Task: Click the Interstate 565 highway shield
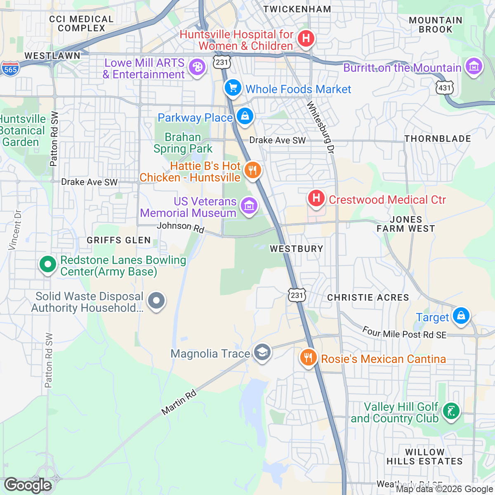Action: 10,69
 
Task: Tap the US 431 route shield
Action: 445,87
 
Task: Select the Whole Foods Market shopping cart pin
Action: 233,88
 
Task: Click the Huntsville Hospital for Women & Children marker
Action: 306,39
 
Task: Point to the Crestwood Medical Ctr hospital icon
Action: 316,198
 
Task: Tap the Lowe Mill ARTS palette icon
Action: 197,67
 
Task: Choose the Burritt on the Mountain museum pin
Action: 474,66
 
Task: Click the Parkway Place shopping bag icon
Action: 245,116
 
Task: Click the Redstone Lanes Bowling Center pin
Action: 48,264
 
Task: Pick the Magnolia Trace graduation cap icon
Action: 262,353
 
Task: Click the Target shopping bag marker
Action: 461,316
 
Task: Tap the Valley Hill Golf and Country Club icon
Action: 451,411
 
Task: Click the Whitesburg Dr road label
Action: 320,128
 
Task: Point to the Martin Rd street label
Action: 179,403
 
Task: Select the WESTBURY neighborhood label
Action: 296,249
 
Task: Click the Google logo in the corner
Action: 28,485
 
